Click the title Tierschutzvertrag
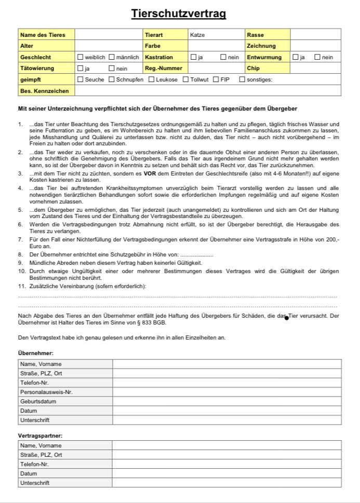(x=179, y=14)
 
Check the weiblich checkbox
(x=81, y=57)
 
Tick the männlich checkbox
(x=112, y=57)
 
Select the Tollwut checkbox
(x=186, y=79)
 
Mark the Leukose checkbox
(x=152, y=79)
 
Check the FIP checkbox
(x=216, y=79)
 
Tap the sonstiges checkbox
(x=242, y=79)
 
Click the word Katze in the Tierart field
(x=197, y=35)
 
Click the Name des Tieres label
(x=43, y=35)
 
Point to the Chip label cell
(x=253, y=68)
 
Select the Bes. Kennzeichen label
(x=44, y=91)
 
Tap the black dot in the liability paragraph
(x=286, y=318)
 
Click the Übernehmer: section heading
(x=35, y=353)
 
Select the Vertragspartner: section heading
(x=40, y=436)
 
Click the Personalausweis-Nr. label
(x=46, y=392)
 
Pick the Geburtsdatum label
(x=38, y=401)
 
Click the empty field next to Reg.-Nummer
(x=216, y=68)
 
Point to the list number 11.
(x=22, y=286)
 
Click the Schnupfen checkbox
(x=112, y=79)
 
